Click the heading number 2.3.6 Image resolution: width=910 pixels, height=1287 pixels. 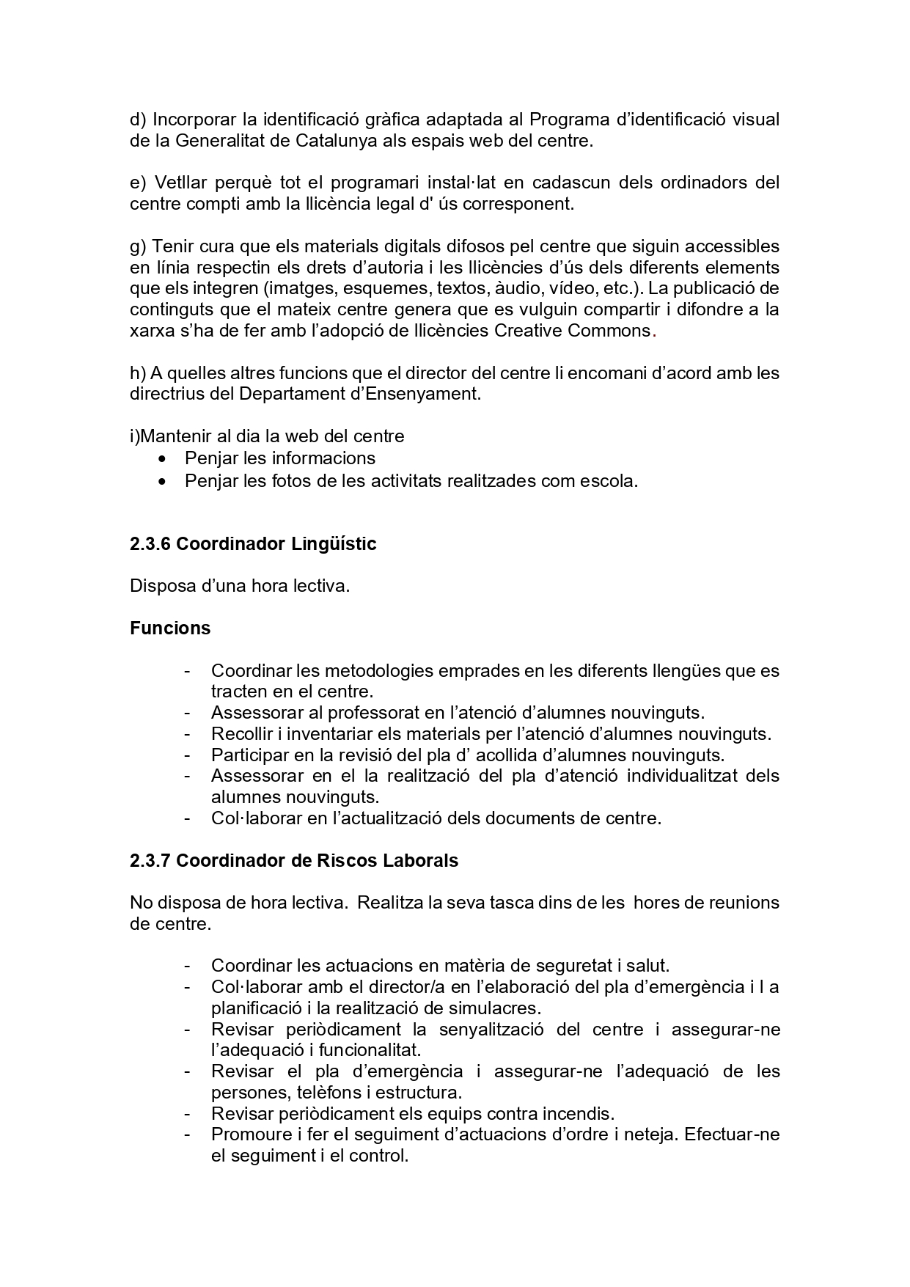click(150, 544)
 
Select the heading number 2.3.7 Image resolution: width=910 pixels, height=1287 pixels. click(150, 860)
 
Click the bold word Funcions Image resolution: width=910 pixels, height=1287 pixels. click(170, 628)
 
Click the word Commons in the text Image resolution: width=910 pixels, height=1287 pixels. click(609, 330)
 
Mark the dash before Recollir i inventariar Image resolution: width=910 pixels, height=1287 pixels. click(188, 733)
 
